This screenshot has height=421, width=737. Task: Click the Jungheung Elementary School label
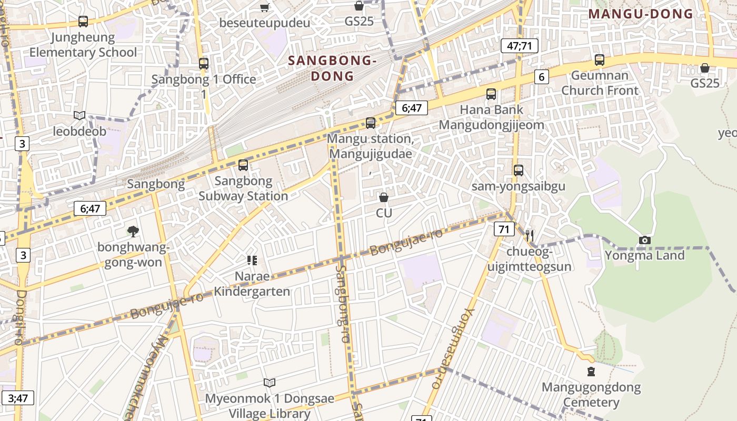point(83,45)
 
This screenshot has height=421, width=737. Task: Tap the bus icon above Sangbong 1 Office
point(204,64)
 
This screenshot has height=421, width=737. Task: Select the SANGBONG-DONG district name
point(332,68)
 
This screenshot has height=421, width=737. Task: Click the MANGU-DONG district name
point(641,14)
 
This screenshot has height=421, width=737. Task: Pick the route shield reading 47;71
point(519,46)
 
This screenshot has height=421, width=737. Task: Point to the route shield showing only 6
point(541,77)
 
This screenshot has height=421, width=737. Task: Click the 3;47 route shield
point(18,398)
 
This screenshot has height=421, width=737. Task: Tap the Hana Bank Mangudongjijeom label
point(492,117)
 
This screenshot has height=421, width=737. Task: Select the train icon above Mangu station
point(371,123)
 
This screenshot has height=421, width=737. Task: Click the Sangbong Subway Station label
point(243,188)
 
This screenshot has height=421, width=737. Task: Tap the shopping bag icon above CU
point(384,197)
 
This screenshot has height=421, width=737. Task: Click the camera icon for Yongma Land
point(644,240)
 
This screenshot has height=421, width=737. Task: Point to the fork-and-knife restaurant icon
point(530,235)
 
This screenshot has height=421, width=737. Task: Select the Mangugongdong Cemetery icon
point(591,372)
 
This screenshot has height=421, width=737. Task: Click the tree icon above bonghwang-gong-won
point(133,230)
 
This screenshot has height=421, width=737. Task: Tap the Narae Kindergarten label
point(252,284)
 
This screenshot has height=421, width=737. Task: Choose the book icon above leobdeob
point(79,115)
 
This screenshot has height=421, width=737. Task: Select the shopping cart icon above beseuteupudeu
point(265,7)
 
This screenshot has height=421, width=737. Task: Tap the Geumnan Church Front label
point(600,83)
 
